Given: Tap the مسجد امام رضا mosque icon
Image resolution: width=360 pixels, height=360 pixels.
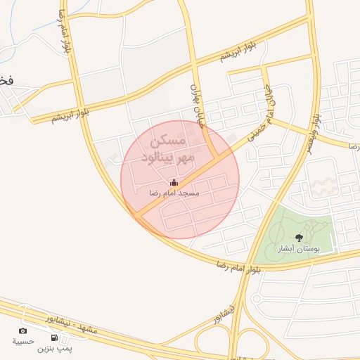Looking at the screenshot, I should [x=174, y=183].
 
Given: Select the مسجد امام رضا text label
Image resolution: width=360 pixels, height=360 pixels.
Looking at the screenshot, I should [x=174, y=193].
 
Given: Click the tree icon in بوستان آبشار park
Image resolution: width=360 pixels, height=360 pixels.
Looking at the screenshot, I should [x=299, y=238].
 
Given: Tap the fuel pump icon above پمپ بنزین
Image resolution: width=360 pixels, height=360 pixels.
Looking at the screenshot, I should [x=54, y=337].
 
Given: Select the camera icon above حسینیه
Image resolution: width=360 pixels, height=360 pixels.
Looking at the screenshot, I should [x=23, y=331].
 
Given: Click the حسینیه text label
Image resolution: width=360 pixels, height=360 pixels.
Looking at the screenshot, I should [x=23, y=342].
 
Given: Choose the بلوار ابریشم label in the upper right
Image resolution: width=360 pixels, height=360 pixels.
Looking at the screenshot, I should [x=243, y=51].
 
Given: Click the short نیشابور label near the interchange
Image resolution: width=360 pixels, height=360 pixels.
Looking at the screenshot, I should [x=226, y=314].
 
